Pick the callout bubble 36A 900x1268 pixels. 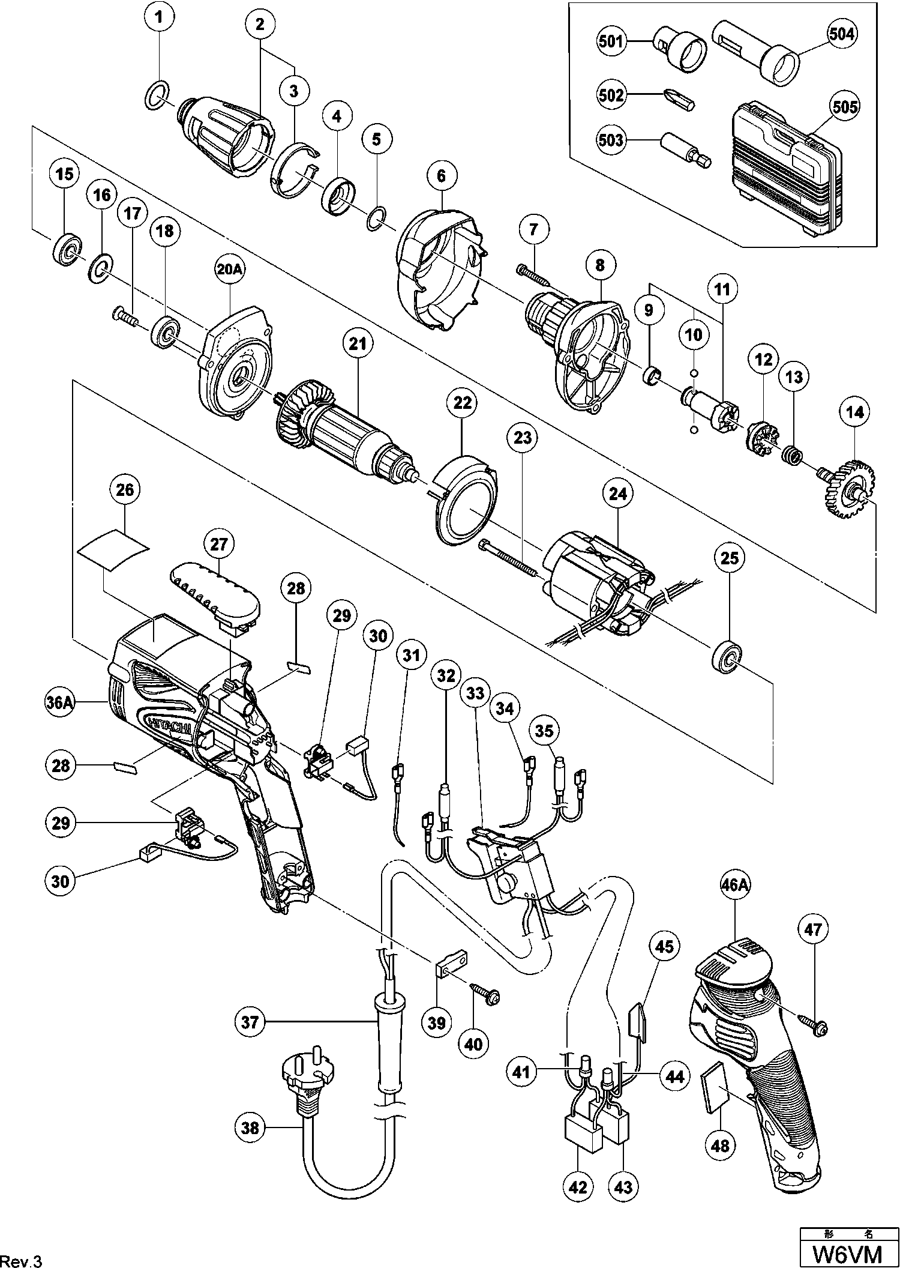(x=61, y=702)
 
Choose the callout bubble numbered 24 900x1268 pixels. (x=618, y=494)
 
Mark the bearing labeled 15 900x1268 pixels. (x=65, y=249)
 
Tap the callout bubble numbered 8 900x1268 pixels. (x=601, y=265)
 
